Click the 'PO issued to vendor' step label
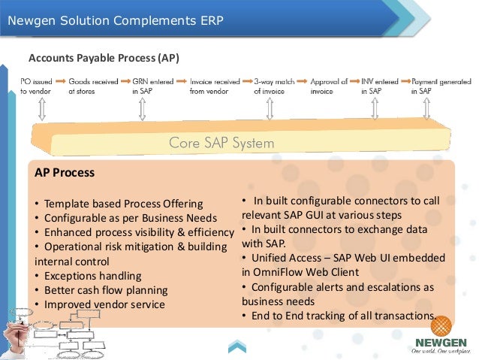tap(35, 85)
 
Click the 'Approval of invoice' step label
tap(329, 85)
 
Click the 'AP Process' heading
tap(65, 172)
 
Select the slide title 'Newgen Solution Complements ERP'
tap(116, 19)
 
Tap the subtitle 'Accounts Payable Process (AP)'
tap(104, 57)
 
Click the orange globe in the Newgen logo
tap(441, 328)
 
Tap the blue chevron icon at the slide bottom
tap(237, 346)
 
